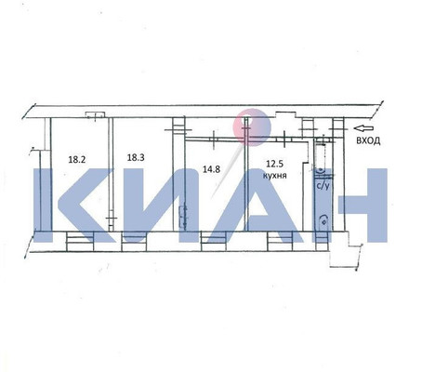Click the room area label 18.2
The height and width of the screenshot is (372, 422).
pyautogui.click(x=76, y=159)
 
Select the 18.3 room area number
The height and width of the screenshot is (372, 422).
pyautogui.click(x=136, y=158)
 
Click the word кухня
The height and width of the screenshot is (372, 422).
pyautogui.click(x=274, y=175)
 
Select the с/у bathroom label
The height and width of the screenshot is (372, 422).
pyautogui.click(x=323, y=186)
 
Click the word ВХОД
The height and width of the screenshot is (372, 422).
pyautogui.click(x=369, y=139)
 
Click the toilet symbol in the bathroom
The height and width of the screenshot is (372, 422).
pyautogui.click(x=323, y=219)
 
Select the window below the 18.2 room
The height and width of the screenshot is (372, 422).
pyautogui.click(x=79, y=241)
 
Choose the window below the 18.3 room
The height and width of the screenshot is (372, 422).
pyautogui.click(x=136, y=241)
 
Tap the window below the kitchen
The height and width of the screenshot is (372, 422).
pyautogui.click(x=280, y=241)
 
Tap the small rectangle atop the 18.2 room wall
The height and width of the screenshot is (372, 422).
pyautogui.click(x=93, y=114)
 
